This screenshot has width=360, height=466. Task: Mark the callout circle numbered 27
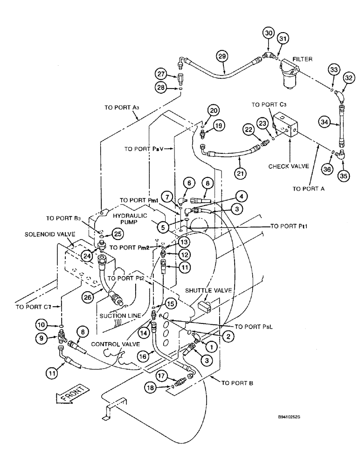(161, 74)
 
